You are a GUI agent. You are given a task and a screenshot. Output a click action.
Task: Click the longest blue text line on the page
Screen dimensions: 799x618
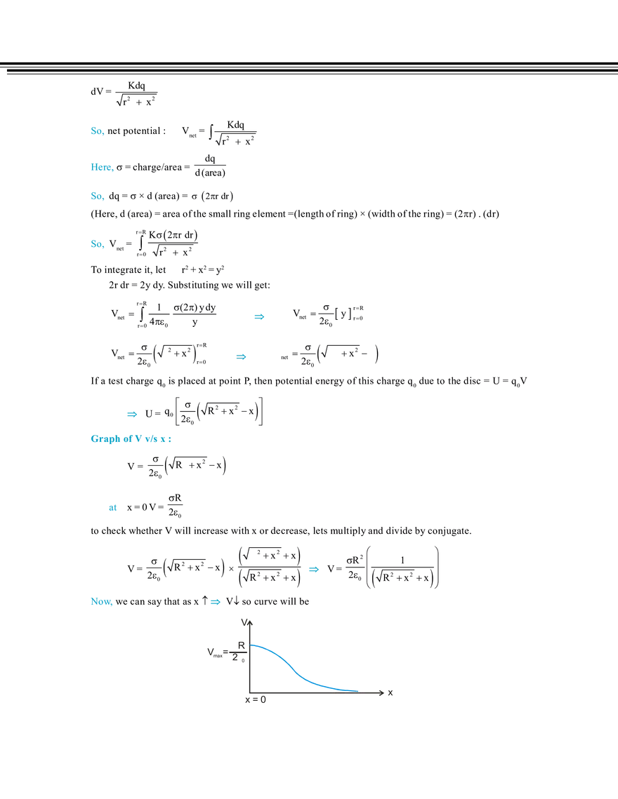click(131, 441)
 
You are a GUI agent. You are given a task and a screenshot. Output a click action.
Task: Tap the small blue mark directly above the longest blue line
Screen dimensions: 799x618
click(131, 415)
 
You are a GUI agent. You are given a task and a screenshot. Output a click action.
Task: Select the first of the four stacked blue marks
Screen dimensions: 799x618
click(98, 131)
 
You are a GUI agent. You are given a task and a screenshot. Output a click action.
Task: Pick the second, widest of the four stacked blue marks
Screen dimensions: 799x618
click(101, 168)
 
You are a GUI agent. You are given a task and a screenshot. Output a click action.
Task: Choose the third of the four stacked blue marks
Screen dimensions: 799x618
click(98, 196)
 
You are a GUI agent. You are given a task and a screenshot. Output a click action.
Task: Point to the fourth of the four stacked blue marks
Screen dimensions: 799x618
click(98, 244)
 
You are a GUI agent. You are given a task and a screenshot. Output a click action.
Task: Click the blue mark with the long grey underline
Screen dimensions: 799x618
click(260, 317)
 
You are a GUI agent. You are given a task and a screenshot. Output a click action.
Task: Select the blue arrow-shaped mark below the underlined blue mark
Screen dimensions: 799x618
click(242, 357)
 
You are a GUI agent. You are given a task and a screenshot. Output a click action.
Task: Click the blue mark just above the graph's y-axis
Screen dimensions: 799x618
click(215, 602)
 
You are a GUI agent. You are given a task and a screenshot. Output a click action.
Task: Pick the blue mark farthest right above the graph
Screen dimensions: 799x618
click(313, 570)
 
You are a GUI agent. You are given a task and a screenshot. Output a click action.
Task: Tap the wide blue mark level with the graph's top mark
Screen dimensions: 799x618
click(100, 601)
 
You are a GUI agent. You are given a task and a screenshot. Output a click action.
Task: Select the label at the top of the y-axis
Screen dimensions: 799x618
click(247, 623)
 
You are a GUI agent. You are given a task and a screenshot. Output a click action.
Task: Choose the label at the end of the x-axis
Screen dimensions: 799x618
click(387, 693)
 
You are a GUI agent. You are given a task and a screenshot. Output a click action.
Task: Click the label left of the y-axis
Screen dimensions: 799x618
click(216, 653)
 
